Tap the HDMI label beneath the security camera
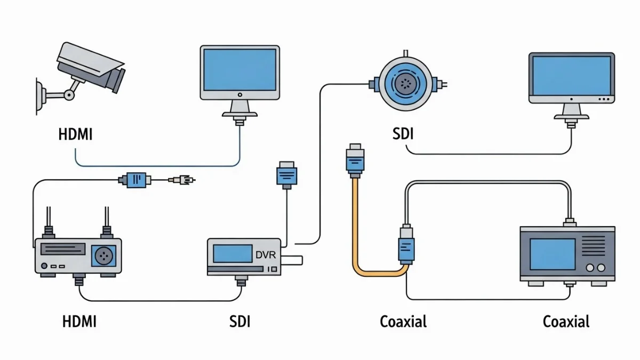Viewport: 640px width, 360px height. [75, 134]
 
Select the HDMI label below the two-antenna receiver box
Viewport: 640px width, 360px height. [80, 322]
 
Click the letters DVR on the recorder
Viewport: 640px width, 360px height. [266, 255]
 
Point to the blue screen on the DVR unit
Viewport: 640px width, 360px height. [233, 253]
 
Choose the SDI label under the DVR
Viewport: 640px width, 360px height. [239, 322]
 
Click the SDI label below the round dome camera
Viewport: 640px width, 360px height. [402, 133]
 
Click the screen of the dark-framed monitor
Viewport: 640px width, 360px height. [571, 75]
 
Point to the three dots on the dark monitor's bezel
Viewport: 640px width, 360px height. [603, 99]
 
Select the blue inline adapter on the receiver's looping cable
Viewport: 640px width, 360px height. [135, 180]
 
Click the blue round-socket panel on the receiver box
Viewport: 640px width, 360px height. [105, 256]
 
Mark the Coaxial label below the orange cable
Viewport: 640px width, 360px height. [403, 322]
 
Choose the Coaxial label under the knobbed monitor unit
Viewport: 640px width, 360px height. [566, 322]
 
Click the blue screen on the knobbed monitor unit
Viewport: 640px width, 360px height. [552, 254]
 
